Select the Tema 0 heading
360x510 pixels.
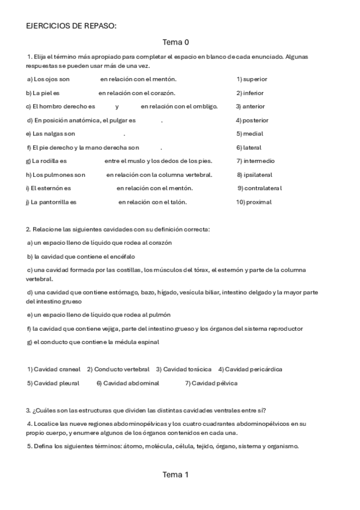pos(175,43)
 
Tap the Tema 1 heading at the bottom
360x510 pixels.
pos(175,475)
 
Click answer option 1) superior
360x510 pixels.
pos(252,79)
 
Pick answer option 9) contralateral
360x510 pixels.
pos(259,188)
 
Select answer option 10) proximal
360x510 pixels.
pos(254,202)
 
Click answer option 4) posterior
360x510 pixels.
pos(252,120)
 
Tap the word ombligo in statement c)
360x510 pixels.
pos(206,106)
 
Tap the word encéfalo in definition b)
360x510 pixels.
pos(103,256)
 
